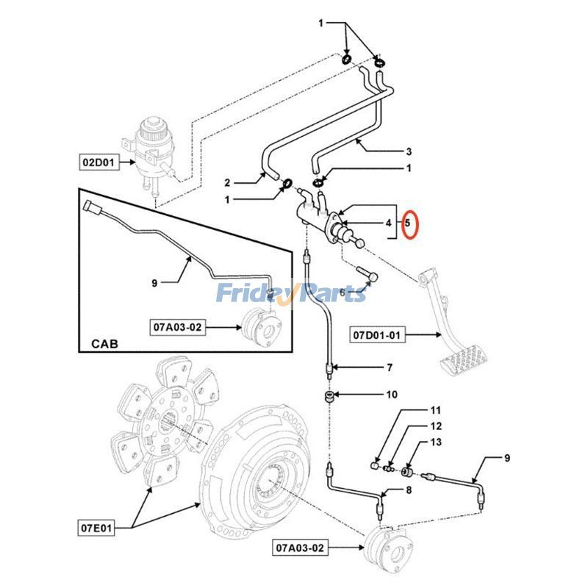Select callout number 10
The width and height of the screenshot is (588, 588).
tap(392, 395)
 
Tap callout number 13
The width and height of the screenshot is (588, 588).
tap(437, 442)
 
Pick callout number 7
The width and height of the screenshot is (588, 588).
tap(390, 367)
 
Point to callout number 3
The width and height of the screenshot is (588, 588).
tap(409, 152)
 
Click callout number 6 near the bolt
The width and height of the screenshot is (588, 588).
tap(343, 292)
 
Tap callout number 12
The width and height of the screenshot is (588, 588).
tap(436, 426)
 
